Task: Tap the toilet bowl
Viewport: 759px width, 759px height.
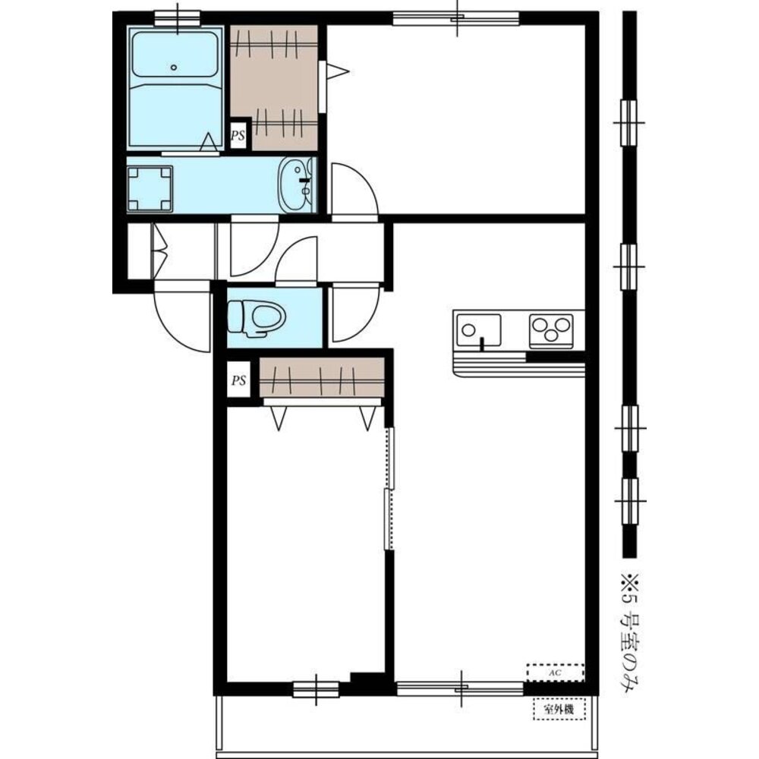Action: tap(257, 318)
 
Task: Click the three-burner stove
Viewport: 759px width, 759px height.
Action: tap(551, 331)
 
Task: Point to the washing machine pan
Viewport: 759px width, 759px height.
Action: tap(150, 189)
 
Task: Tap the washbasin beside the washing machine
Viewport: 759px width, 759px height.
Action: tap(295, 185)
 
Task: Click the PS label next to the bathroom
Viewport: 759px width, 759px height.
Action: tap(238, 136)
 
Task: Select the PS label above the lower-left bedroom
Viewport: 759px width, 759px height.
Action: tap(238, 380)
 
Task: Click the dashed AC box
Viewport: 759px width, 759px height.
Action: tap(556, 672)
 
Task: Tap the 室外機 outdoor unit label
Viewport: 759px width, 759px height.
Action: tap(559, 710)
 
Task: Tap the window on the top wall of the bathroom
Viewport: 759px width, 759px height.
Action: tap(178, 18)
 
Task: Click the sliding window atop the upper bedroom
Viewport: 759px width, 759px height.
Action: tap(455, 18)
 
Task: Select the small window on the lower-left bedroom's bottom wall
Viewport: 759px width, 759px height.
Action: tap(316, 689)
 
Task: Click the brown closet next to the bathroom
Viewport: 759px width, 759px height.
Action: tap(274, 87)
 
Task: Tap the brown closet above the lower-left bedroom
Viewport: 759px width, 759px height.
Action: tap(322, 377)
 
